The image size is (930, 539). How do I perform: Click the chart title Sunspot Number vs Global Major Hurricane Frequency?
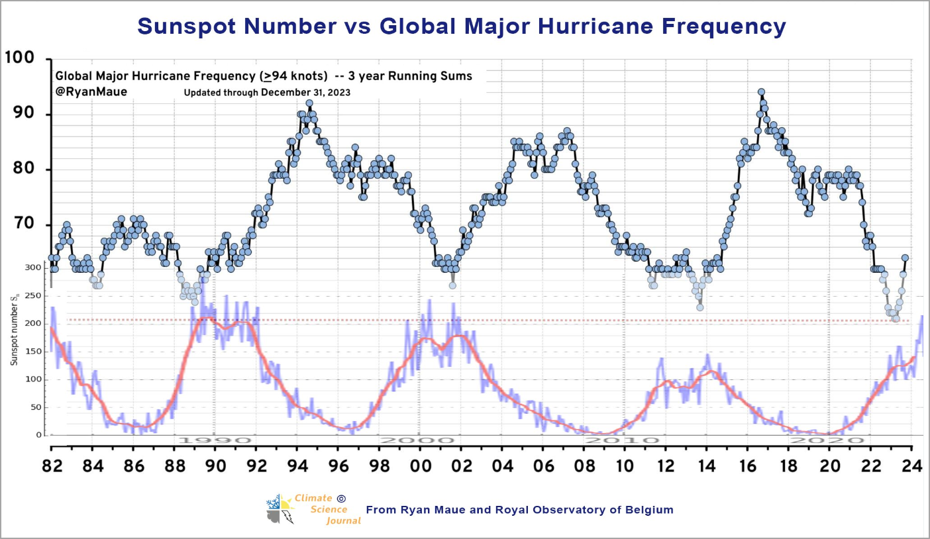point(461,26)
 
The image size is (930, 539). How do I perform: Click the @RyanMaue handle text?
point(91,92)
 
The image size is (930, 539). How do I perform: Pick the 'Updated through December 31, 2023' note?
point(267,92)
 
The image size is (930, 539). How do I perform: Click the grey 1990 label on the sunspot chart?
point(213,440)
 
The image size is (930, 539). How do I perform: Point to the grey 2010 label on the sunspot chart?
point(623,440)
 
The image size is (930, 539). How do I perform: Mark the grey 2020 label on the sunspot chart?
point(828,440)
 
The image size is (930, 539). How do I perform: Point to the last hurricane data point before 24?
point(905,258)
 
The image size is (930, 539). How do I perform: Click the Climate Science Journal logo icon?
point(280,509)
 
